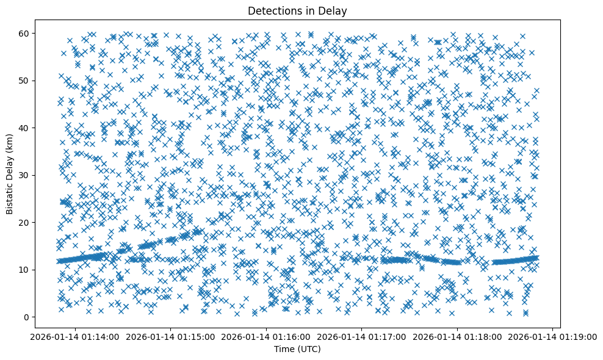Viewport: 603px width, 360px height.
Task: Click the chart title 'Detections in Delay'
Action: pyautogui.click(x=298, y=10)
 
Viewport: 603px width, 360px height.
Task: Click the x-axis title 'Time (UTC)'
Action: pyautogui.click(x=298, y=349)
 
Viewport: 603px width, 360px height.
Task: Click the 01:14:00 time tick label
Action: pyautogui.click(x=75, y=336)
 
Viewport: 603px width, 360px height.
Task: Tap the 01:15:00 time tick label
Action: pyautogui.click(x=170, y=336)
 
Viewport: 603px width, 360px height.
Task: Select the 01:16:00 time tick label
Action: pyautogui.click(x=266, y=336)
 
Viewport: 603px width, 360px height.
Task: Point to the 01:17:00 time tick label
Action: pyautogui.click(x=361, y=336)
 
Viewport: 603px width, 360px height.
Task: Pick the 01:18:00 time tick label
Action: pyautogui.click(x=457, y=336)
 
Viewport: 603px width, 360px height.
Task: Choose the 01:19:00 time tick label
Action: pyautogui.click(x=552, y=336)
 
